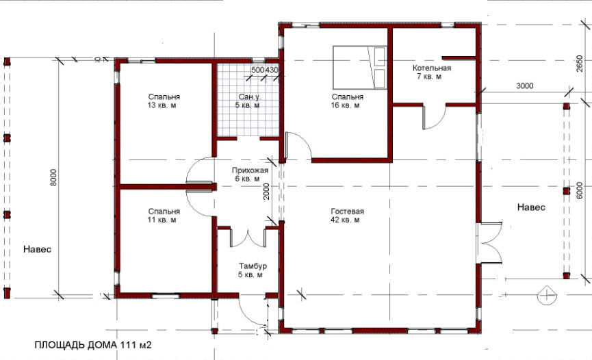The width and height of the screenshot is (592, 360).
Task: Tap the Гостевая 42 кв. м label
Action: click(x=347, y=216)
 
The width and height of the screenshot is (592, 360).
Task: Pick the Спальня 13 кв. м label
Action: click(x=164, y=101)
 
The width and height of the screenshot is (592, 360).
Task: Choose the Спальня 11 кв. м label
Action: click(x=164, y=216)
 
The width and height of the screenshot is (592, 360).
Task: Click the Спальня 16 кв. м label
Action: click(x=347, y=101)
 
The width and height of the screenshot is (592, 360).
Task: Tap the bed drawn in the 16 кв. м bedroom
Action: click(x=360, y=68)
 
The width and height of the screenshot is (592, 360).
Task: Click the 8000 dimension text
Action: click(x=53, y=177)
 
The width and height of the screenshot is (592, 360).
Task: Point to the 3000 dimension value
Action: click(x=525, y=86)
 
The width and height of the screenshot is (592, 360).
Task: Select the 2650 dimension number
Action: click(x=580, y=64)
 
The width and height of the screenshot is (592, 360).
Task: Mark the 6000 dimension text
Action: click(x=580, y=190)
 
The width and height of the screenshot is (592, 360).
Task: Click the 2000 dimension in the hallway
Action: click(x=266, y=191)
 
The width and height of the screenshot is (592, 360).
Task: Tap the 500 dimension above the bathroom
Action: click(x=257, y=70)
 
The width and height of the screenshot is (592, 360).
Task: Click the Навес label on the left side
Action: click(x=38, y=249)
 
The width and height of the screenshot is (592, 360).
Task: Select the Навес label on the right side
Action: click(x=531, y=207)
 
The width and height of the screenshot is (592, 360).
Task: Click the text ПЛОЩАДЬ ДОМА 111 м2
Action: click(x=93, y=345)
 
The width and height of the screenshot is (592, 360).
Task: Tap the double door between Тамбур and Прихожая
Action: click(x=248, y=238)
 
